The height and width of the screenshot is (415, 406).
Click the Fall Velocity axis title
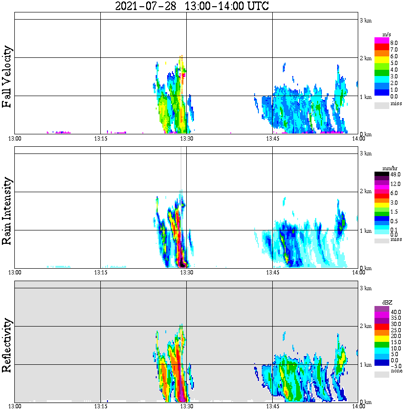7,77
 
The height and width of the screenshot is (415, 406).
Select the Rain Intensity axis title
7,211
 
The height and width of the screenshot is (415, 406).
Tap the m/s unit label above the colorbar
386,34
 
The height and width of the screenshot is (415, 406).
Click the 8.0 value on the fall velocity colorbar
394,43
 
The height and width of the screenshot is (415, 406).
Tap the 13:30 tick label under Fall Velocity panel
186,139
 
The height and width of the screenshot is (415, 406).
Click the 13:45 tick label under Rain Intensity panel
272,273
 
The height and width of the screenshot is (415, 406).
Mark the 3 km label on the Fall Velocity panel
365,20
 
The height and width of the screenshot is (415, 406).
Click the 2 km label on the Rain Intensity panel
365,192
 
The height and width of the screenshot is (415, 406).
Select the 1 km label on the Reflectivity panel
365,365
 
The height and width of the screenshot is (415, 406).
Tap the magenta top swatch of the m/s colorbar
382,40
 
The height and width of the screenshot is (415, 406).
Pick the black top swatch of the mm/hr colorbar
382,174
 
